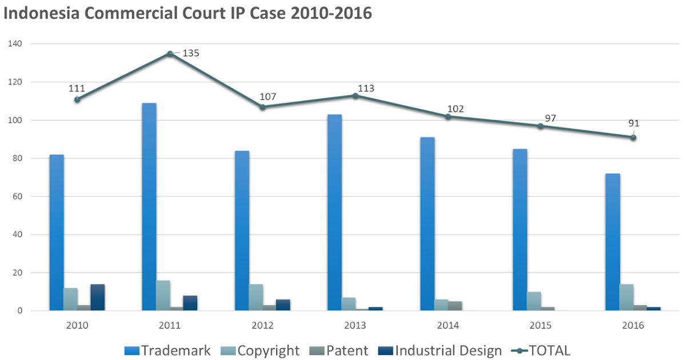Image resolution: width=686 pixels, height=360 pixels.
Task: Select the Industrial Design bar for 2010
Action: click(98, 298)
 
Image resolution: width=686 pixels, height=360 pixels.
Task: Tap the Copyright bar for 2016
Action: click(626, 298)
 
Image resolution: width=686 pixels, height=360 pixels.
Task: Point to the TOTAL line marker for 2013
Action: click(355, 96)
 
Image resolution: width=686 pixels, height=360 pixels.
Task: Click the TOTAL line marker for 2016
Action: click(633, 137)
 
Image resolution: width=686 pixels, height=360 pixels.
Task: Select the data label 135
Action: click(191, 53)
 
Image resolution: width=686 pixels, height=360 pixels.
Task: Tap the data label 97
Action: click(551, 118)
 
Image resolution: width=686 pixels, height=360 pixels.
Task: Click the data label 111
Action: click(77, 89)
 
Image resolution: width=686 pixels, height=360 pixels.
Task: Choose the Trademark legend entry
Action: click(168, 350)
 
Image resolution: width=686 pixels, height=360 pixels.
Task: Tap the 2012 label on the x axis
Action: click(262, 325)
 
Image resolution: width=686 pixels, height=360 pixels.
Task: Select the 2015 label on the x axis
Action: click(540, 325)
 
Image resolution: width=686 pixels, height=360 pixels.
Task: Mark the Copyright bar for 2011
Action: click(163, 295)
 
